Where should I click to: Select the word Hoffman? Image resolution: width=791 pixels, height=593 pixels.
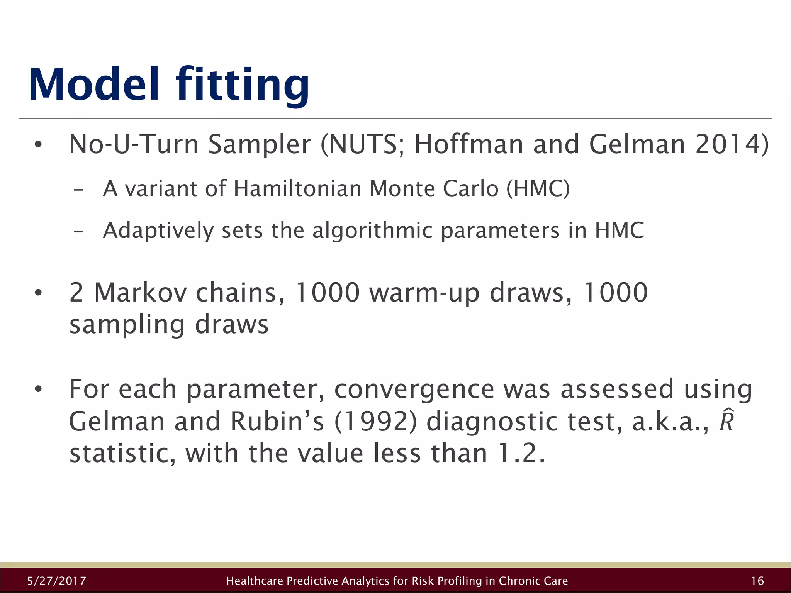coord(468,144)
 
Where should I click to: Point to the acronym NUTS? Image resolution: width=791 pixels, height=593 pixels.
coord(363,144)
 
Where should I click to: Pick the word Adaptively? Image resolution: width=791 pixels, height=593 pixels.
coord(158,231)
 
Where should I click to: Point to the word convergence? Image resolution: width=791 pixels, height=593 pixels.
coord(414,390)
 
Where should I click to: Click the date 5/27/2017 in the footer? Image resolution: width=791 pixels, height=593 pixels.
coord(57,581)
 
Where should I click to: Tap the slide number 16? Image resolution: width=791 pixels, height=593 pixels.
coord(757,581)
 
